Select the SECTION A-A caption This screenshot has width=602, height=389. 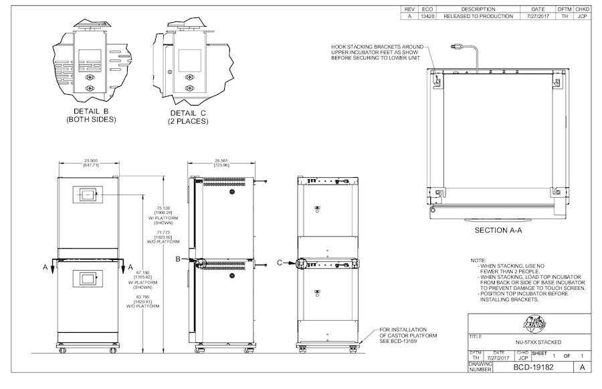coord(497,230)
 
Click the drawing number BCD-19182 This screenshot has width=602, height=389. coord(532,367)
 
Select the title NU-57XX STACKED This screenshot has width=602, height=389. coord(532,342)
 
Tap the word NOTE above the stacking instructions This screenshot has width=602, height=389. coord(479,260)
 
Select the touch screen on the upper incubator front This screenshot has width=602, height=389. coord(88,195)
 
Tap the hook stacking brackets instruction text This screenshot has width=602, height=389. coord(378,52)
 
